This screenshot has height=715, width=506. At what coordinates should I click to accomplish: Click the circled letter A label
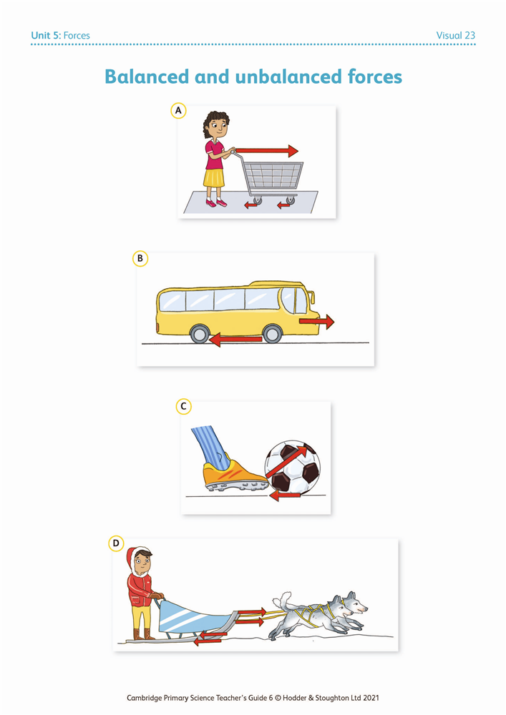[178, 110]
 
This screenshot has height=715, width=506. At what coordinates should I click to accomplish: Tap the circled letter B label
[140, 259]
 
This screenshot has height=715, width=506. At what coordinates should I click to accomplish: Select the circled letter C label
[183, 406]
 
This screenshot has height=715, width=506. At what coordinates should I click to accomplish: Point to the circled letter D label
[116, 543]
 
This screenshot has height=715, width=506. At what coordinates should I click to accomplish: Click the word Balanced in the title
[147, 77]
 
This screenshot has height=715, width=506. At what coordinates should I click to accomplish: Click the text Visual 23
[455, 35]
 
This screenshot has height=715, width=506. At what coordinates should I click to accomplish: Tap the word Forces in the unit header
[77, 35]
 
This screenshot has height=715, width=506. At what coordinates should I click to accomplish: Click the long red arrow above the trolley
[267, 150]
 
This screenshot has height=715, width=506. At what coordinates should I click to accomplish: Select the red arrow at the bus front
[316, 322]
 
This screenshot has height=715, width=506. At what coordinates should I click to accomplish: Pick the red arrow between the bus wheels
[235, 339]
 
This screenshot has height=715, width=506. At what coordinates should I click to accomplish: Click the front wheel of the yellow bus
[273, 334]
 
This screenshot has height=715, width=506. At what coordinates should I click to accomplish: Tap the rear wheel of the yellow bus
[200, 334]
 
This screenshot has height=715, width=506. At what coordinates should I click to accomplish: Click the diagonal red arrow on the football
[286, 462]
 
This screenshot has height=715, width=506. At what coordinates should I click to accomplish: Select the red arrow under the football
[285, 495]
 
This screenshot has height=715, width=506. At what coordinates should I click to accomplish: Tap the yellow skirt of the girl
[213, 177]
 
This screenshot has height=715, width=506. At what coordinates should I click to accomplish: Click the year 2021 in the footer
[371, 698]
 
